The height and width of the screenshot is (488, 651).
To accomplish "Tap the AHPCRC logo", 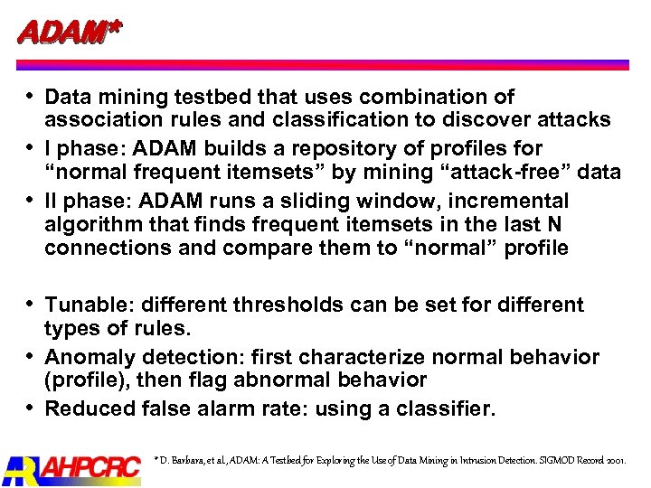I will tap(72, 467).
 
